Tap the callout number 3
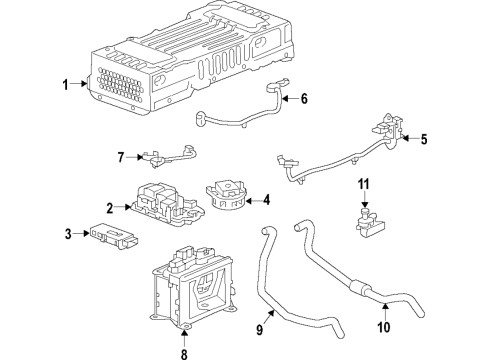click(x=69, y=234)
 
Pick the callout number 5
click(x=424, y=139)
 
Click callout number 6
click(x=303, y=98)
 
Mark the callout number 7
click(x=122, y=158)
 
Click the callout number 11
click(x=365, y=184)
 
